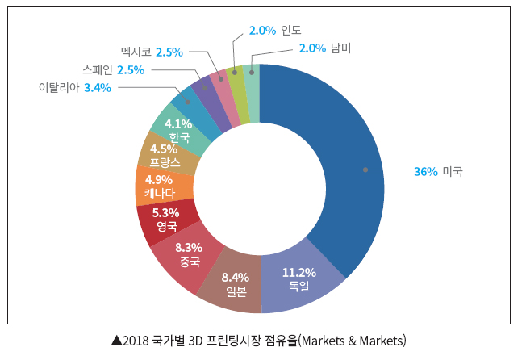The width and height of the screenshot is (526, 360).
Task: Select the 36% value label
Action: [x=425, y=171]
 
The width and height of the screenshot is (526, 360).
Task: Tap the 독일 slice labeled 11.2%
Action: [x=298, y=278]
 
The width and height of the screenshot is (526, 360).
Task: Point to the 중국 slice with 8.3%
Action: [x=187, y=255]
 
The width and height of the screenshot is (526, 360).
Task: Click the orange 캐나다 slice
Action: [x=159, y=186]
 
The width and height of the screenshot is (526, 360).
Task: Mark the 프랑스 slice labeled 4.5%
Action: [x=164, y=155]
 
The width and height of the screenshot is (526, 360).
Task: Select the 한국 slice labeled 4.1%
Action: [x=177, y=130]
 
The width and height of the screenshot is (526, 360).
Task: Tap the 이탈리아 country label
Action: [x=59, y=87]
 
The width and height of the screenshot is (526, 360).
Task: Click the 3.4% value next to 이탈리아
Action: [x=98, y=87]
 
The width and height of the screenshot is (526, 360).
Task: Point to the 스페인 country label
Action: [x=98, y=69]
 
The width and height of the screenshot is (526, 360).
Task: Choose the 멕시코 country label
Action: [x=136, y=52]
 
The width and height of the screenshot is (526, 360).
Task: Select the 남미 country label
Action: [x=340, y=48]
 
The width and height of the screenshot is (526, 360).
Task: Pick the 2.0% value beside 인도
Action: [x=261, y=31]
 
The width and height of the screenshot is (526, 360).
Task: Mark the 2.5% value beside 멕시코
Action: [x=169, y=52]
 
